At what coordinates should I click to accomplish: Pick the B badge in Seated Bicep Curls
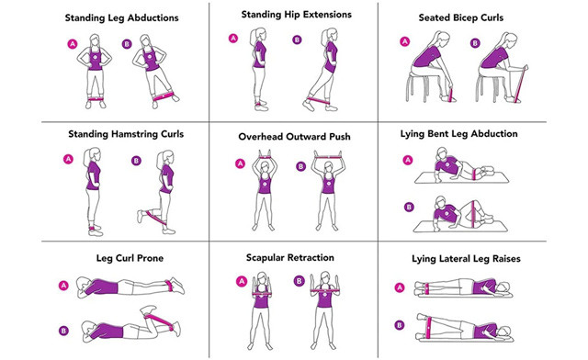pyautogui.click(x=475, y=42)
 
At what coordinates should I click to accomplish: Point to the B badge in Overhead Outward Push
pyautogui.click(x=300, y=166)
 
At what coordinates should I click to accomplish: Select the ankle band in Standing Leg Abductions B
pyautogui.click(x=164, y=95)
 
